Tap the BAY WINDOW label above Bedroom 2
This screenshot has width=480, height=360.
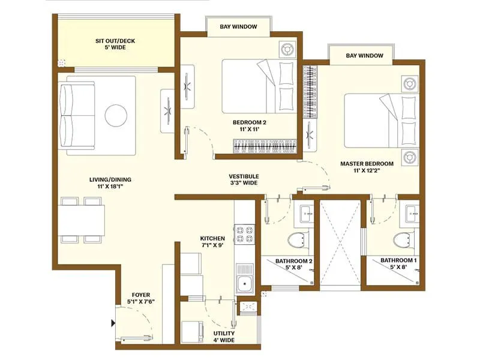click(238, 26)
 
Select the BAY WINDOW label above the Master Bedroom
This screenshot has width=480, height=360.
click(364, 56)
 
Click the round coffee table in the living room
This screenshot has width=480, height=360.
click(115, 116)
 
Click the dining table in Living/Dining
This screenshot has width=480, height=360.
click(82, 220)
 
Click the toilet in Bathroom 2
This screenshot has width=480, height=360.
click(296, 241)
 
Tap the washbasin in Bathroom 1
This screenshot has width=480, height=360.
click(412, 212)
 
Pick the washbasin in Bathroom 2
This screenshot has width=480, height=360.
click(305, 212)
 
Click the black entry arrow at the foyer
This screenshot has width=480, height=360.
click(113, 324)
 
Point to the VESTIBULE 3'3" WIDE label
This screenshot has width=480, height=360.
click(243, 179)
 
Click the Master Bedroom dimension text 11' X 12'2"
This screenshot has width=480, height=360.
click(367, 171)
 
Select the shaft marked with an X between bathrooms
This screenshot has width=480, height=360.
click(339, 242)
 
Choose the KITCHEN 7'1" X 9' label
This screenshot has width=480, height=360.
click(212, 242)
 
